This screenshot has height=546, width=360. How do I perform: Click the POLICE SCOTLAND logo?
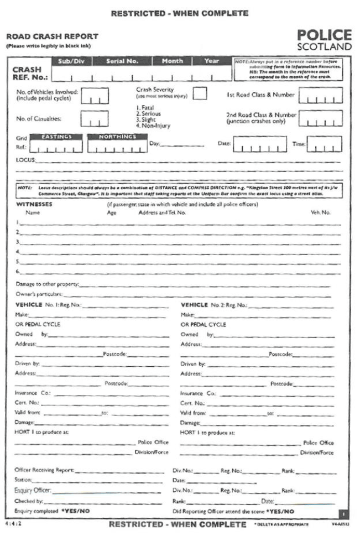(324, 40)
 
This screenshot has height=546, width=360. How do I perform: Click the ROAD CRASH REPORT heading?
(52, 37)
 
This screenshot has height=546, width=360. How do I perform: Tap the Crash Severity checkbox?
(200, 93)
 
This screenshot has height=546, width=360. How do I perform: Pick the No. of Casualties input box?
(95, 118)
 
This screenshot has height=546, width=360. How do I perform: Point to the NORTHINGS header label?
(117, 136)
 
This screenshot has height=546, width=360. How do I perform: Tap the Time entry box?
(325, 144)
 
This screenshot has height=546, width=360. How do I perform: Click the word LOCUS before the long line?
(25, 160)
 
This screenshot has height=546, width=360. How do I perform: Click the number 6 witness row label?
(18, 272)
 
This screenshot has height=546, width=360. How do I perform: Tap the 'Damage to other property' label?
(47, 284)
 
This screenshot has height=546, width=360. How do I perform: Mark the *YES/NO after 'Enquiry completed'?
(75, 511)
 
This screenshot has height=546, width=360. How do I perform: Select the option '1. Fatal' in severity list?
(144, 108)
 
